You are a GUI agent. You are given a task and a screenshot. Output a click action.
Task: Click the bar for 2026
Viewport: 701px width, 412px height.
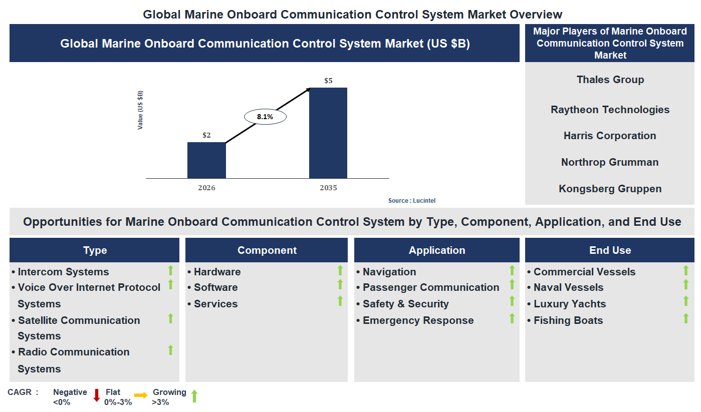pyautogui.click(x=206, y=160)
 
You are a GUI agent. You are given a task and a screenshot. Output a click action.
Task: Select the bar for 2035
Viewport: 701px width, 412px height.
pyautogui.click(x=328, y=133)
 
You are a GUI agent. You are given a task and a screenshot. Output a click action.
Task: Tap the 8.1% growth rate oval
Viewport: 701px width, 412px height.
pyautogui.click(x=265, y=117)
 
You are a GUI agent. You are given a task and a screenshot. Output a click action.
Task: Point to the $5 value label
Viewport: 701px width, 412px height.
pyautogui.click(x=328, y=80)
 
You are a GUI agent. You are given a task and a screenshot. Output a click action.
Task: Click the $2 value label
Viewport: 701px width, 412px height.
pyautogui.click(x=206, y=135)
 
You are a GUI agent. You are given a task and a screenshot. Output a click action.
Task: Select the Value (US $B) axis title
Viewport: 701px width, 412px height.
pyautogui.click(x=140, y=110)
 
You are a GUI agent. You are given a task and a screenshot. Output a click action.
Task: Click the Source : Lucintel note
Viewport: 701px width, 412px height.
pyautogui.click(x=412, y=201)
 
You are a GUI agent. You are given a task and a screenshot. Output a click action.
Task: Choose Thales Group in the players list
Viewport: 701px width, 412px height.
pyautogui.click(x=610, y=80)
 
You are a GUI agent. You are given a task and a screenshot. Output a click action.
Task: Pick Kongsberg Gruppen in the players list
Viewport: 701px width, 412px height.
pyautogui.click(x=610, y=189)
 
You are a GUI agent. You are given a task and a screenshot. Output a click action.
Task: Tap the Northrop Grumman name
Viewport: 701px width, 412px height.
pyautogui.click(x=610, y=162)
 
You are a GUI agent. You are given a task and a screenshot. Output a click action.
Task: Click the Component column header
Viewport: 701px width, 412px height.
pyautogui.click(x=267, y=250)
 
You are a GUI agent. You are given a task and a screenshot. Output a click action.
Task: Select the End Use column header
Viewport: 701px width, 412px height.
pyautogui.click(x=610, y=250)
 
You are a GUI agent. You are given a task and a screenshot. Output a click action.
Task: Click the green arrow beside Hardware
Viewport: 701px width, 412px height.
pyautogui.click(x=340, y=270)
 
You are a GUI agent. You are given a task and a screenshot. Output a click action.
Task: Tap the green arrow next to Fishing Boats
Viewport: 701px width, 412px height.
pyautogui.click(x=686, y=318)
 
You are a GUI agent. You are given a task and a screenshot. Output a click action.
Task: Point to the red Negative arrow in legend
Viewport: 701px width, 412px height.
pyautogui.click(x=97, y=395)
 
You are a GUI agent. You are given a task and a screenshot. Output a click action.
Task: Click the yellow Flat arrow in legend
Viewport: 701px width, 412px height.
pyautogui.click(x=141, y=395)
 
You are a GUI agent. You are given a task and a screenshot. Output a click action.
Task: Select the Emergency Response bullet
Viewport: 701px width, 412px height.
pyautogui.click(x=418, y=320)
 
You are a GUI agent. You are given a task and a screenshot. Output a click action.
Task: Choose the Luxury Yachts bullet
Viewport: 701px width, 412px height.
pyautogui.click(x=569, y=304)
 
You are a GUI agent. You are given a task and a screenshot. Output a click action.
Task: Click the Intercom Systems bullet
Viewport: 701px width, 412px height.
pyautogui.click(x=63, y=272)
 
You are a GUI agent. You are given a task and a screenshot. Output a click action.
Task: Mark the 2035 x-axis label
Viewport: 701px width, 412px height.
pyautogui.click(x=328, y=188)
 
